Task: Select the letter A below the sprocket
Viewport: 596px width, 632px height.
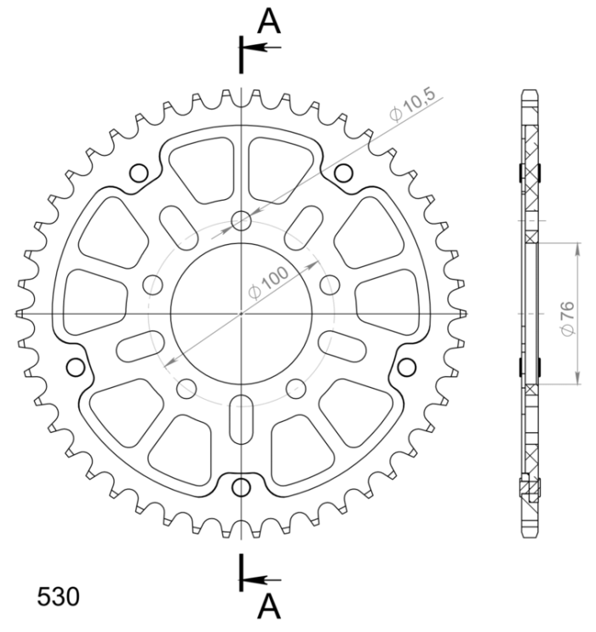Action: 270,606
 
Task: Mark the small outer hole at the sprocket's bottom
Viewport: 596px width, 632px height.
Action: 244,487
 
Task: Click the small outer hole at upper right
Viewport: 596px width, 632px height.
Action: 344,174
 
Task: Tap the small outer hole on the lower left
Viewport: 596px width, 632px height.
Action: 75,367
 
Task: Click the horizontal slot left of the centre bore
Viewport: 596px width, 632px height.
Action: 141,345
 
